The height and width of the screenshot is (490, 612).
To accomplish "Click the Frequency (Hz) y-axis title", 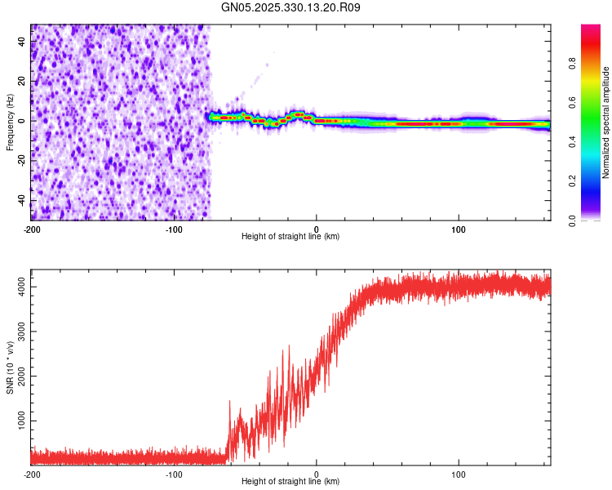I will (10, 122).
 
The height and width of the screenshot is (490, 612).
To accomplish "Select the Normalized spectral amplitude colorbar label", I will (606, 123).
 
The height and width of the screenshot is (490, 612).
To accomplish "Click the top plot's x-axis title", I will (290, 237).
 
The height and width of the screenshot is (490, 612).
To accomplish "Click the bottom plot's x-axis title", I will (290, 482).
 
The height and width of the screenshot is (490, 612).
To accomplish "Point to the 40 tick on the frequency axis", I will (22, 40).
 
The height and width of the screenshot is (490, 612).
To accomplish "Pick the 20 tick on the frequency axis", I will (22, 80).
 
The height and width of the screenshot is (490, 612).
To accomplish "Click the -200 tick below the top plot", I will (31, 228).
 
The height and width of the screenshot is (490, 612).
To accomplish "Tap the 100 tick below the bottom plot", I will (459, 473).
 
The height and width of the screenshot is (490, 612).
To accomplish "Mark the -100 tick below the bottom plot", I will (174, 473).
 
